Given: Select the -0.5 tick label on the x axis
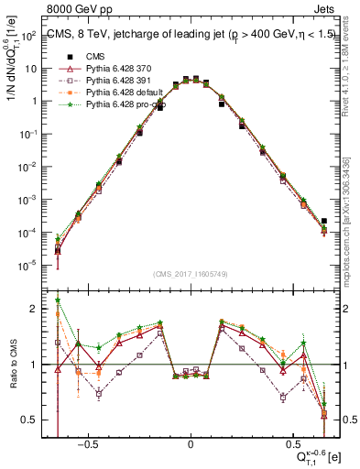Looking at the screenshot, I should click(88, 442).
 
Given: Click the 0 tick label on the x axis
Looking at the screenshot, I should click(191, 442).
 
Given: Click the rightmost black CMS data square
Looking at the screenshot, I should click(324, 221).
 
